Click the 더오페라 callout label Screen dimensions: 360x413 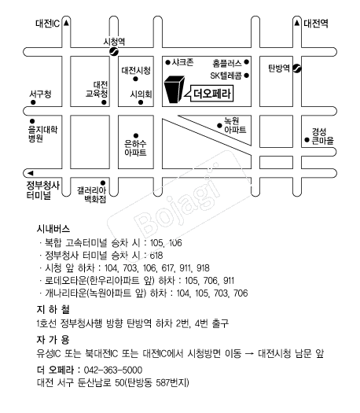click(213, 94)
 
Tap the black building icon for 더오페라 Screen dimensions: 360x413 click(174, 90)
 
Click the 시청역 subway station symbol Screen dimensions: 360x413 click(114, 52)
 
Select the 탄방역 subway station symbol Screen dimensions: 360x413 click(297, 68)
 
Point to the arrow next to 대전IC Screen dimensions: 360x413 click(66, 23)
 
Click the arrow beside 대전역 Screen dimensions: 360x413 click(297, 23)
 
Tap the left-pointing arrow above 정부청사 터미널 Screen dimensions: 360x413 click(31, 173)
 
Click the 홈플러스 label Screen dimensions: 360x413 click(227, 63)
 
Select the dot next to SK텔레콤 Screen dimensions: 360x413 click(246, 76)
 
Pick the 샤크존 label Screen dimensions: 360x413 click(183, 62)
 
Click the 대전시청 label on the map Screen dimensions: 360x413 click(136, 70)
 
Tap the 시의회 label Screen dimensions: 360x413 click(141, 94)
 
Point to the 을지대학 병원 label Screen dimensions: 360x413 click(42, 134)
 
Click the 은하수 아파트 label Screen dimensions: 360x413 click(135, 149)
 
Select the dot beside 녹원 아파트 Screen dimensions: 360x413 click(219, 126)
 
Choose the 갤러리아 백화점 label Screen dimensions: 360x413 click(92, 195)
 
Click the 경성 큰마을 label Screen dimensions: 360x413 click(322, 136)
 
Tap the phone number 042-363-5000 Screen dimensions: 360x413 click(113, 370)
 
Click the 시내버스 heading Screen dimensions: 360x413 click(53, 229)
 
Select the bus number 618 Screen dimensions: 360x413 click(156, 255)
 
